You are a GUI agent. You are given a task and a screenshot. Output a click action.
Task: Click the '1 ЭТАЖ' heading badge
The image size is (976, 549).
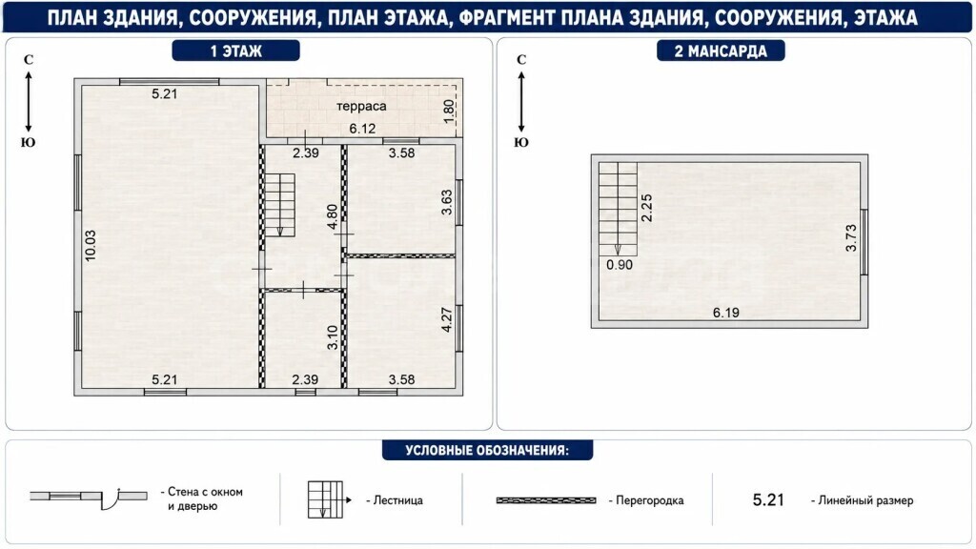[236, 51]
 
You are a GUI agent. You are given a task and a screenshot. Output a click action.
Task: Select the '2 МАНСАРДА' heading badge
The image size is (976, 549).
[721, 51]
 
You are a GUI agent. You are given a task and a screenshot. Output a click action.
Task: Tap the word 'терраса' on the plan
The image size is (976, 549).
[361, 106]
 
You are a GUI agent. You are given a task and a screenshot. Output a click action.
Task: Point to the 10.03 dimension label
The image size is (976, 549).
[91, 245]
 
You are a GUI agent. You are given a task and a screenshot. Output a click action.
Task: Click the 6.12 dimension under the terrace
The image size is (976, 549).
[362, 129]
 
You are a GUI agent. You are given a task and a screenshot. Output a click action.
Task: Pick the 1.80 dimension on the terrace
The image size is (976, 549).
[448, 112]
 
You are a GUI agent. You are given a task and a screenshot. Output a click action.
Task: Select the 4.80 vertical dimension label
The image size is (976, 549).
[332, 216]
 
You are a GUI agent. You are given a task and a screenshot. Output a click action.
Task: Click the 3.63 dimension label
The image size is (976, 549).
[446, 202]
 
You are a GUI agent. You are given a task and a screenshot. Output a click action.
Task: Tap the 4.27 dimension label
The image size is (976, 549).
[446, 320]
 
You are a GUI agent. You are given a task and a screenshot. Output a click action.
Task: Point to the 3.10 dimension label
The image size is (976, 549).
[332, 337]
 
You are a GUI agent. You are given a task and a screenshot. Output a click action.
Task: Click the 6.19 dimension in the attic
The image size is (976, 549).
[725, 313]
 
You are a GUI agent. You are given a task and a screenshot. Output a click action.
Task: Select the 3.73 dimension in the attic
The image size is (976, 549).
[851, 237]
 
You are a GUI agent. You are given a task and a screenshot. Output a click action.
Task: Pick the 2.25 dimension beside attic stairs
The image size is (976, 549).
[647, 208]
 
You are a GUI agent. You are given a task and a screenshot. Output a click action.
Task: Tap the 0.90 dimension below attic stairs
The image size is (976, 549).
[620, 265]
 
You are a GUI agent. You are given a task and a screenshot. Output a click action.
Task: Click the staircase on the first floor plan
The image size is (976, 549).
[280, 205]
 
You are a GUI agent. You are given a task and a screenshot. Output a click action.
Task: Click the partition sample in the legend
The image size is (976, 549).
[546, 500]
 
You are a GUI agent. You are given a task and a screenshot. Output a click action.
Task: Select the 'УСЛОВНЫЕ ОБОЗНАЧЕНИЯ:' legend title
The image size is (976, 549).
[487, 450]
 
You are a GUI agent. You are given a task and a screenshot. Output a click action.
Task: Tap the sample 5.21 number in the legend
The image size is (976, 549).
[768, 499]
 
